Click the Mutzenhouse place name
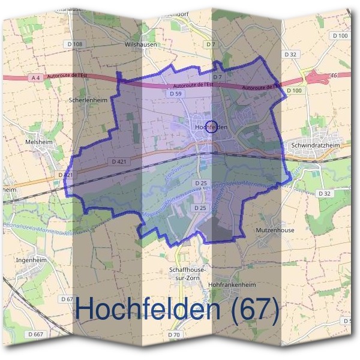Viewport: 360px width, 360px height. (274, 230)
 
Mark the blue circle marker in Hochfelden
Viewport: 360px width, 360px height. (211, 126)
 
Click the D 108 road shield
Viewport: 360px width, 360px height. (75, 44)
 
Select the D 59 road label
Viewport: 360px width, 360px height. (175, 94)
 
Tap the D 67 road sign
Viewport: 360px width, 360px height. (67, 298)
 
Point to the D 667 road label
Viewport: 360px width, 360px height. (37, 334)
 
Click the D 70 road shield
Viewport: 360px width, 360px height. (174, 334)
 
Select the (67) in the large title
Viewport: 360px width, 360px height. (254, 310)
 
